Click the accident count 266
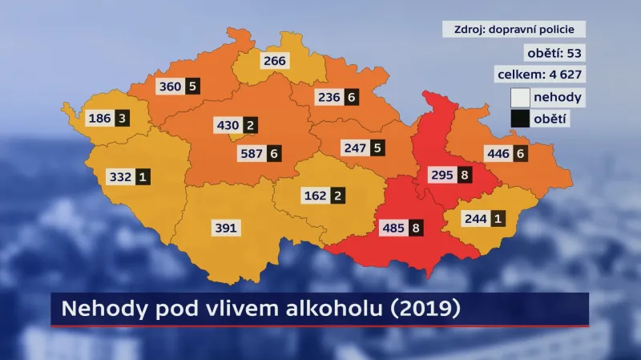point(275,60)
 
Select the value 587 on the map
point(252,152)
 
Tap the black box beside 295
point(464,176)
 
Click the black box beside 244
point(498,217)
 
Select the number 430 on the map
point(228,125)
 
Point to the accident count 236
point(328,97)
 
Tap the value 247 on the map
point(353,148)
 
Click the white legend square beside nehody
point(520,97)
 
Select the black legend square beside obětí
point(520,119)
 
